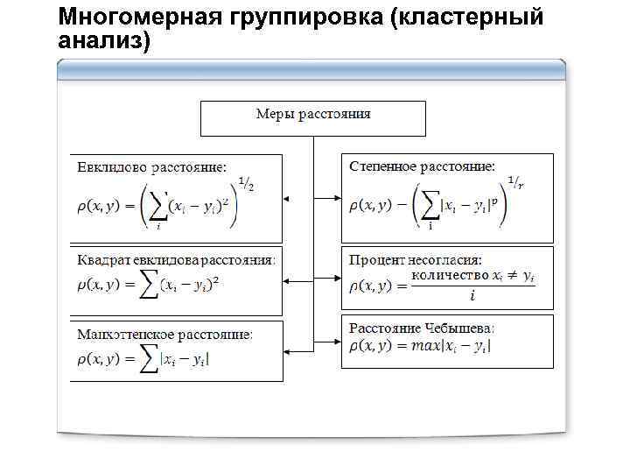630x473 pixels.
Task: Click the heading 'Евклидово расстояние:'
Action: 151,166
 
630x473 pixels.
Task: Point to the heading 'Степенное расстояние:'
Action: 422,166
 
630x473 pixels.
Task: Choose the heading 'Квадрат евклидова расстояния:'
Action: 176,259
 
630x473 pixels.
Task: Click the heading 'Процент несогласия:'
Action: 416,260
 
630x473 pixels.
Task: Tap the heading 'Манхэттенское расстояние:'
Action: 164,335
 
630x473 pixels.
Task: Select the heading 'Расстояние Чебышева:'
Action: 422,328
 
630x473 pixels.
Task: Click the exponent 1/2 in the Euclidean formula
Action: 247,184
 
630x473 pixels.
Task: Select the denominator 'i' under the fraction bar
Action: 472,296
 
